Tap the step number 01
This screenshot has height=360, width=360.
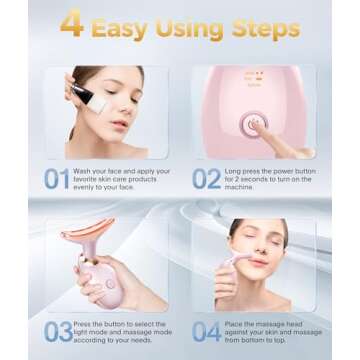(56, 179)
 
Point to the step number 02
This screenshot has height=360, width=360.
(207, 179)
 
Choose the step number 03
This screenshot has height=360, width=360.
(56, 331)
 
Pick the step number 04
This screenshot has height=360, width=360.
(207, 331)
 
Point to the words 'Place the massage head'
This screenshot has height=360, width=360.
(264, 323)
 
